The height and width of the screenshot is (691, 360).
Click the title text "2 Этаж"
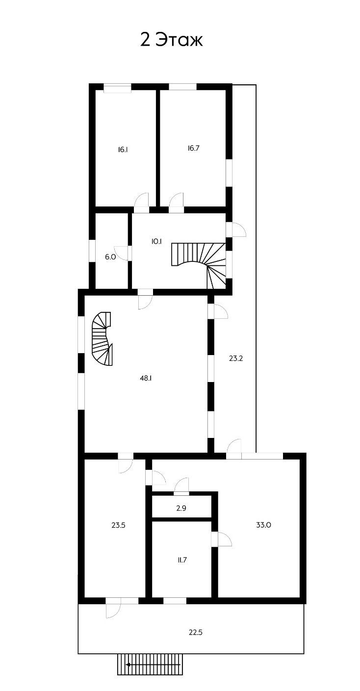(171, 40)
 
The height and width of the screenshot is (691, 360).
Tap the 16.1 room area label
(123, 150)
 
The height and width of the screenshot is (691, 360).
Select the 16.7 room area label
(193, 148)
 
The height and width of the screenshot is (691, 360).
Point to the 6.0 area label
(110, 256)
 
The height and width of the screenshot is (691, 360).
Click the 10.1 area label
(156, 241)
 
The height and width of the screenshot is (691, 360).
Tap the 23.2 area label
(236, 358)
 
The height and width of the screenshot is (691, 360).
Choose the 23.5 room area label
(119, 525)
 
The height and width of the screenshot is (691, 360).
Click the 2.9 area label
(181, 508)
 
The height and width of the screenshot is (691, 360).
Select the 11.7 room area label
(181, 560)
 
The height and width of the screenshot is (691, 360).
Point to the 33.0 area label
(263, 525)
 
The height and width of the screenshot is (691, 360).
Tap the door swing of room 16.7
(176, 201)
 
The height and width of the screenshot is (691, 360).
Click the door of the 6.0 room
(121, 253)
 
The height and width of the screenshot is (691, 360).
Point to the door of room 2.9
(182, 485)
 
